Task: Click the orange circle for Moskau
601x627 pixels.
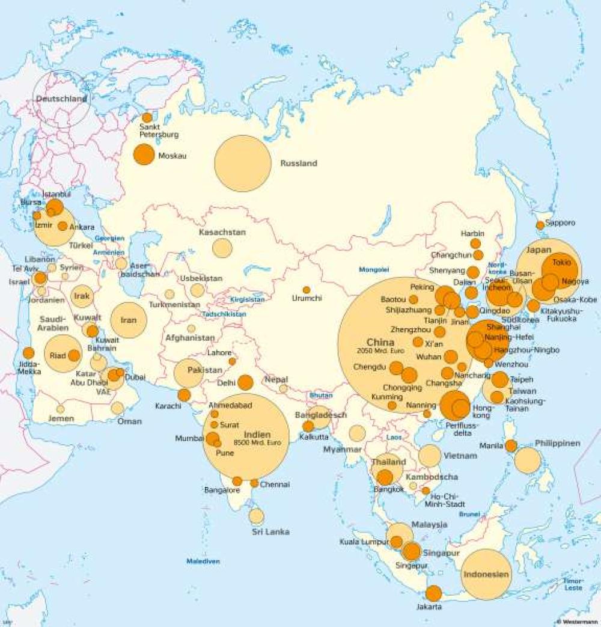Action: click(x=144, y=154)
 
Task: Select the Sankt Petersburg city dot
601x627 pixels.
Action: click(x=147, y=118)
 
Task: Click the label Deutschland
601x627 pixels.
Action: click(x=61, y=99)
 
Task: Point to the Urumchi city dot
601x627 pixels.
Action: click(x=307, y=290)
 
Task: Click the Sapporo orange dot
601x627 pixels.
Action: click(x=540, y=225)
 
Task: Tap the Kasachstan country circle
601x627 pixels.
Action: click(x=222, y=248)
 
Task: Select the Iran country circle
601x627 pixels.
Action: click(x=129, y=320)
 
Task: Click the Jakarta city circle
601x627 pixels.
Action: click(x=433, y=593)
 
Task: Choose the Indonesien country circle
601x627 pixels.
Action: click(x=487, y=574)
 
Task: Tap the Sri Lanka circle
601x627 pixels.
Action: click(x=257, y=516)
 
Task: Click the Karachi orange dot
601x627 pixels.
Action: click(x=184, y=395)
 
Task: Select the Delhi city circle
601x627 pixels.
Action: click(x=245, y=382)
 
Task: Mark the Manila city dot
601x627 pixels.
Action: click(x=511, y=445)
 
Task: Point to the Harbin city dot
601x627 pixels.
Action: click(x=475, y=243)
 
